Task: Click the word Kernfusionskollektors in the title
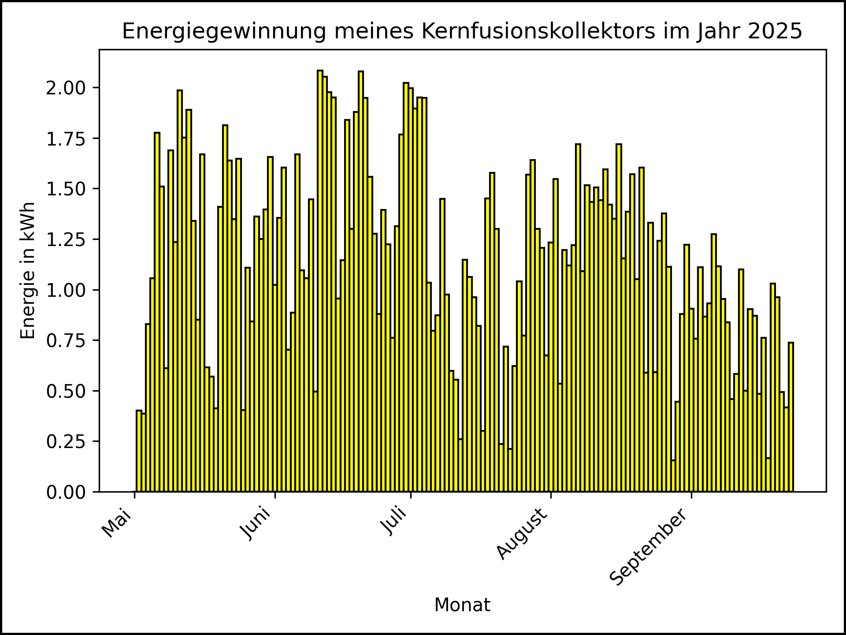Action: coord(538,31)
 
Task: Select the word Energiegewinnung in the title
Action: coord(224,31)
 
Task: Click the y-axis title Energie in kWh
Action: coord(28,270)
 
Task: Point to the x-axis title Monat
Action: coord(462,605)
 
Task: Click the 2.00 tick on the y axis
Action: coord(66,88)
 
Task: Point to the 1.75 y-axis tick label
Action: coord(66,138)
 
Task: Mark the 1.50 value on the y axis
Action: coord(66,189)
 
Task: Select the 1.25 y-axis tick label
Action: coord(66,239)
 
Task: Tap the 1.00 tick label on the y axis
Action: coord(66,290)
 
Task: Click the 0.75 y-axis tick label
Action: coord(66,340)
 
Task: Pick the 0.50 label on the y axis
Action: coord(66,391)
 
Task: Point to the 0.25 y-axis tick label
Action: coord(66,441)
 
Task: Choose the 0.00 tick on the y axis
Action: coord(66,492)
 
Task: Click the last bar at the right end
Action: coord(791,417)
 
